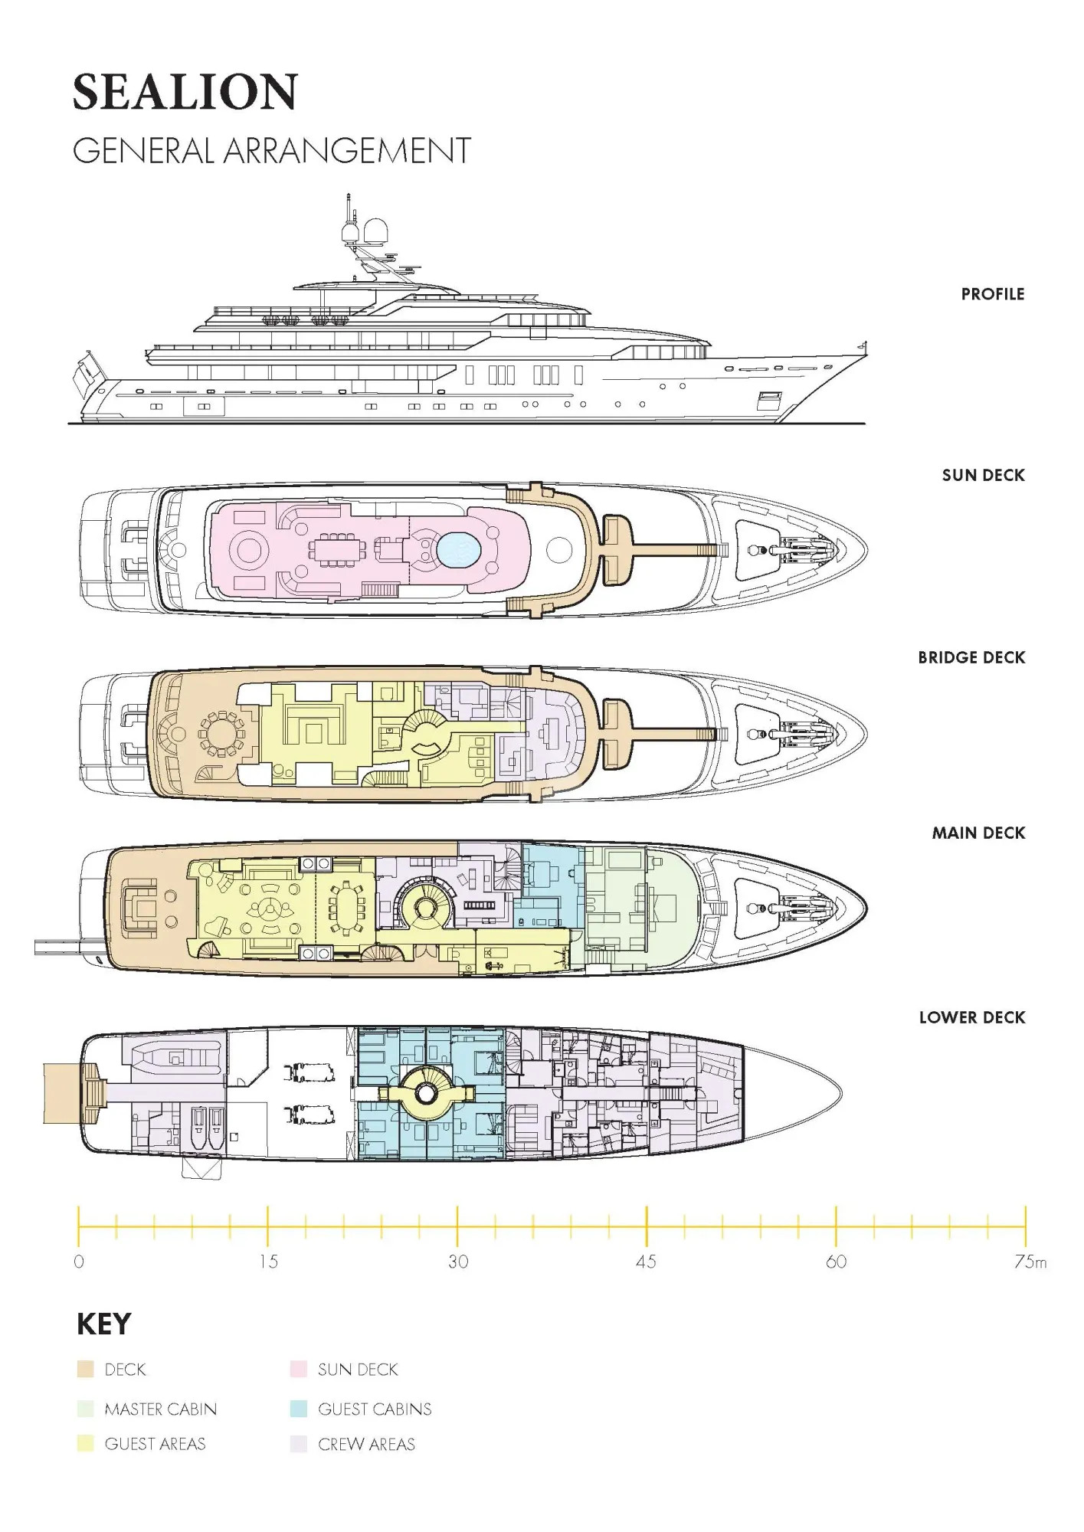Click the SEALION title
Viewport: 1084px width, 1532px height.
point(185,92)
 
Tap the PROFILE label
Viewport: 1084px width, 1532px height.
point(993,294)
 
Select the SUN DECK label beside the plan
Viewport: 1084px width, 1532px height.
point(984,476)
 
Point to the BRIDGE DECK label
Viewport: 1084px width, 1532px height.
point(971,658)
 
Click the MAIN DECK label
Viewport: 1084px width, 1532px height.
point(978,833)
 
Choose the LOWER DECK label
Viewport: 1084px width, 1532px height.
point(972,1018)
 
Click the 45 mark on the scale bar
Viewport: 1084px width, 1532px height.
point(647,1262)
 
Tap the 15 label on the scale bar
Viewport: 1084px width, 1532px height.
point(268,1262)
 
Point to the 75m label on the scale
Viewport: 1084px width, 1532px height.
point(1030,1262)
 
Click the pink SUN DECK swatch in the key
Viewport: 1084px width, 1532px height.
point(299,1369)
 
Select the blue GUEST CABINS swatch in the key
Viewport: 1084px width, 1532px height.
point(299,1409)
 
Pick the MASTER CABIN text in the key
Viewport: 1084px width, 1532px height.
point(161,1409)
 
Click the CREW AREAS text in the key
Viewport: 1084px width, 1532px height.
point(366,1445)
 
